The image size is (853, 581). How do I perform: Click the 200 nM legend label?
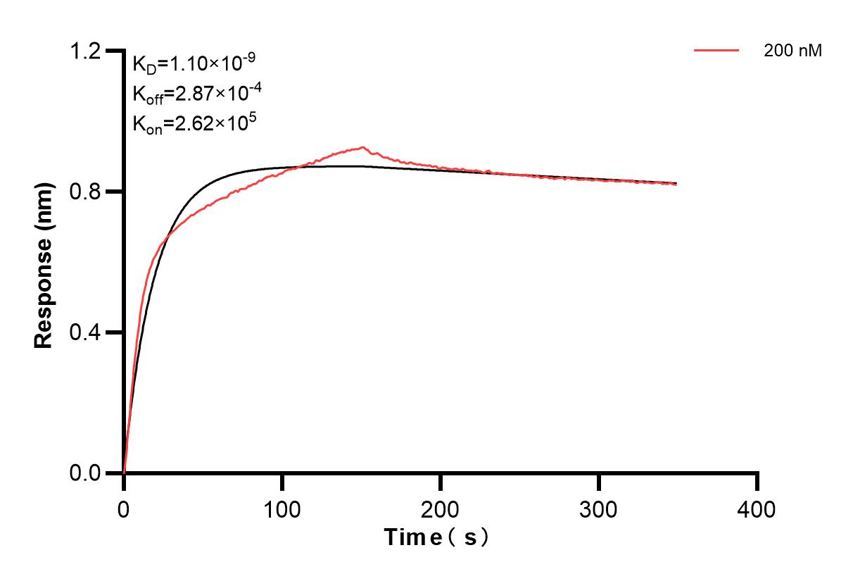[x=792, y=51]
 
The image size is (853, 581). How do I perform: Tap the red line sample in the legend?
[x=716, y=51]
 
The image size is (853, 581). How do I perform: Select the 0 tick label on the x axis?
[x=124, y=508]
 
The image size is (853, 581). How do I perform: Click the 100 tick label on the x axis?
[x=282, y=508]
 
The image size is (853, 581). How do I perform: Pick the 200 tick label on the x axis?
[x=441, y=508]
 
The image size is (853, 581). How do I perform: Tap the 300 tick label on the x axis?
[x=599, y=508]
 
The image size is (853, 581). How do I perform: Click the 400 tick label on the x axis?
[x=757, y=508]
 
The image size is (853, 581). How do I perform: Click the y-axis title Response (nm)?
[x=44, y=262]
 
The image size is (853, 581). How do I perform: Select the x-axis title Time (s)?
[x=436, y=538]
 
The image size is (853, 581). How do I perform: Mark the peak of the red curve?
[x=362, y=147]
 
